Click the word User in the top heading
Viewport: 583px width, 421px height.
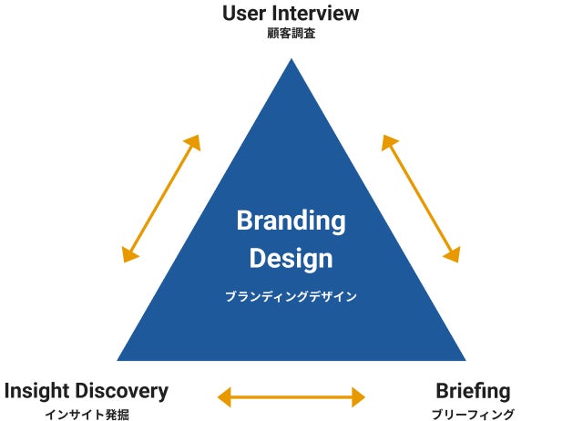(x=245, y=14)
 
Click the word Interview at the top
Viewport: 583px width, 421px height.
(x=314, y=14)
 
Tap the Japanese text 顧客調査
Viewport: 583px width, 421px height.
(x=291, y=35)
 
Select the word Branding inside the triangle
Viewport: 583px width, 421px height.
(x=291, y=221)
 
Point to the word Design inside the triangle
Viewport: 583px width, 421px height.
(x=291, y=258)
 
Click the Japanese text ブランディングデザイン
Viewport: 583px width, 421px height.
(x=291, y=296)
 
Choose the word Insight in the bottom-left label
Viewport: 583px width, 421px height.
(x=36, y=391)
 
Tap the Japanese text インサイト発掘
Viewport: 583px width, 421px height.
(x=87, y=414)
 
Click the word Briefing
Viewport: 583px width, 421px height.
(x=473, y=391)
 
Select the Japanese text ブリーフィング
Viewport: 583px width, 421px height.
(x=473, y=414)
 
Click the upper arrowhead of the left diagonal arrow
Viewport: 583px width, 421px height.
(x=193, y=141)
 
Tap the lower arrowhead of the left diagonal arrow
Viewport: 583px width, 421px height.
(x=130, y=255)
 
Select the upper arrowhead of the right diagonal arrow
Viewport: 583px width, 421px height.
(x=389, y=141)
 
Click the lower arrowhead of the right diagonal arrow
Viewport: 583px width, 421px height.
(x=452, y=255)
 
